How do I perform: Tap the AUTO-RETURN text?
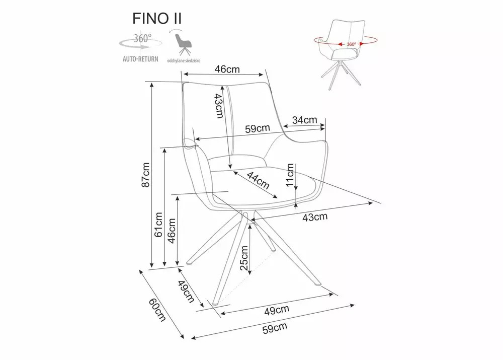pos(140,59)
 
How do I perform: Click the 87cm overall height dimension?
pos(145,174)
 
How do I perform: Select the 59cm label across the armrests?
pos(257,128)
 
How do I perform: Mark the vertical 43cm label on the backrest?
pos(218,106)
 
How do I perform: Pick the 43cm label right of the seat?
pos(315,217)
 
